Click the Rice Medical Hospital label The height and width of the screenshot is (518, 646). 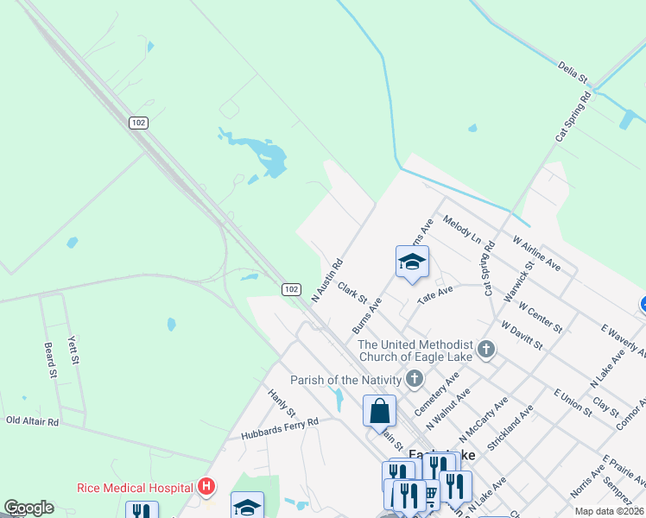point(134,487)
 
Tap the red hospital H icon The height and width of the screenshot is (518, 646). point(206,487)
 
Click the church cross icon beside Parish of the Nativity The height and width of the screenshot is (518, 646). point(415,379)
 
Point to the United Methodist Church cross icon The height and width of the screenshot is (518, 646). point(486,350)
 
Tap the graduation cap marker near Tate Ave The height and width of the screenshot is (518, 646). point(412,262)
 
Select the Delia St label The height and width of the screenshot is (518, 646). point(573,71)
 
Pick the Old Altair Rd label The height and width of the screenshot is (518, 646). point(32,421)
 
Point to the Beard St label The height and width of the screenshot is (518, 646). point(49,360)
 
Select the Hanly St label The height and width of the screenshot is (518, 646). point(282,401)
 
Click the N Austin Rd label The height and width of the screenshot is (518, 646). point(327,280)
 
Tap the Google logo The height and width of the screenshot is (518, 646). point(28,508)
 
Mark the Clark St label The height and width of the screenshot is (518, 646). point(352,292)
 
